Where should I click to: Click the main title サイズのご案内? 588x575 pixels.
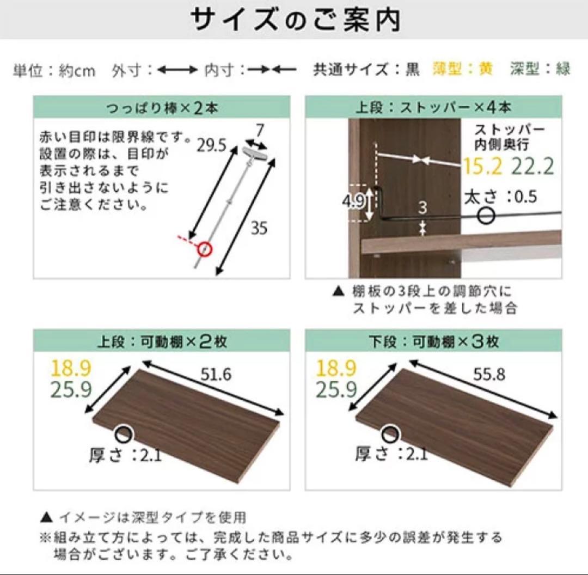pyautogui.click(x=295, y=20)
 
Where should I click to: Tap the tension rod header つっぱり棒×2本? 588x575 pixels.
pyautogui.click(x=162, y=107)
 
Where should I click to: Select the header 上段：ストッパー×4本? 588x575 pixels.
pyautogui.click(x=433, y=107)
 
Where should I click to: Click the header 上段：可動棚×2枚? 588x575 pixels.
pyautogui.click(x=162, y=341)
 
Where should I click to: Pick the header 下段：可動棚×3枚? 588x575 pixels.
pyautogui.click(x=433, y=341)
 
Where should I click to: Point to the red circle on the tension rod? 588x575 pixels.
pyautogui.click(x=205, y=249)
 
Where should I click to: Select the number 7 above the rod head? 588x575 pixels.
pyautogui.click(x=260, y=131)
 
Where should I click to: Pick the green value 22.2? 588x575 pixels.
pyautogui.click(x=533, y=166)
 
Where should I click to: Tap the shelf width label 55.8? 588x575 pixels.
pyautogui.click(x=488, y=374)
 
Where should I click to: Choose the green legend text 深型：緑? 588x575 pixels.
pyautogui.click(x=540, y=69)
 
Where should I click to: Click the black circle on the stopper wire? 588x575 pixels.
pyautogui.click(x=486, y=216)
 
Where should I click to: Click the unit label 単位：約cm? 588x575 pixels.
pyautogui.click(x=54, y=70)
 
